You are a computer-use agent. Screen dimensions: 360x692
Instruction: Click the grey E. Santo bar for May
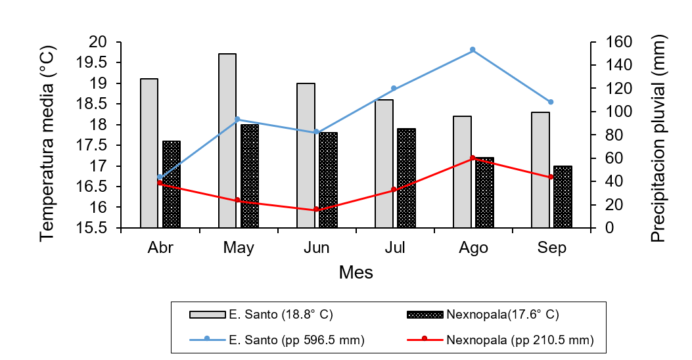[x=227, y=141]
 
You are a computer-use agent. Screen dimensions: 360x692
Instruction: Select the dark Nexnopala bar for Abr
[x=172, y=185]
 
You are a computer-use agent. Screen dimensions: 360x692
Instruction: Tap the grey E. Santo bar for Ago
[x=462, y=172]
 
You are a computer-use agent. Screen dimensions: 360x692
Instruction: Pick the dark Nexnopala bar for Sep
[x=563, y=197]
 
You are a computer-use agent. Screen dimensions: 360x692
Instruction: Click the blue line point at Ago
[x=473, y=50]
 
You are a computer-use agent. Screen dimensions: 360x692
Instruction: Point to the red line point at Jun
[x=316, y=210]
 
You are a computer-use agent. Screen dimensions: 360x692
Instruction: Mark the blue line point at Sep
[x=551, y=102]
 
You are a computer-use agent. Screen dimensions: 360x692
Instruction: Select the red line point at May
[x=238, y=200]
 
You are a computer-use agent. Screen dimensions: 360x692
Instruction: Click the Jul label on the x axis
[x=394, y=248]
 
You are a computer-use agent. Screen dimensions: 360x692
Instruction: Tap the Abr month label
[x=160, y=248]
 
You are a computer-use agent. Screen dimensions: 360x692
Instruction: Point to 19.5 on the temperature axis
[x=102, y=62]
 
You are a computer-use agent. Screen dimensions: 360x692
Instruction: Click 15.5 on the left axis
[x=102, y=228]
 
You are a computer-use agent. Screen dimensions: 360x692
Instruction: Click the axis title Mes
[x=356, y=272]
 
